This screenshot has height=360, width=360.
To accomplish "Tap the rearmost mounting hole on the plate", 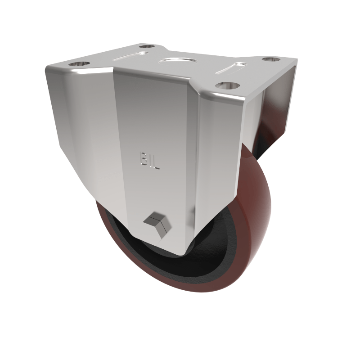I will tap(145, 46).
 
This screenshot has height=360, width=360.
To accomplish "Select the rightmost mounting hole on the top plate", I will tap(270, 59).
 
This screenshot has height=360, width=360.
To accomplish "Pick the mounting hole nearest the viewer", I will tap(225, 85).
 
